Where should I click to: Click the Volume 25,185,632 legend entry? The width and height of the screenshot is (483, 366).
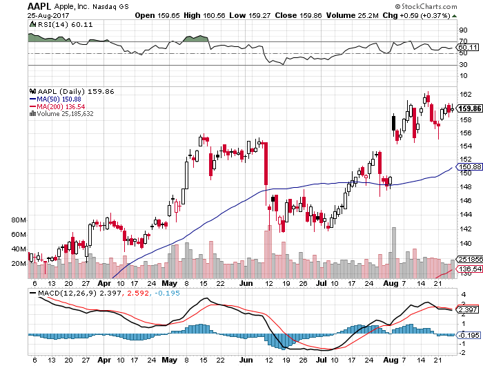(x=64, y=114)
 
